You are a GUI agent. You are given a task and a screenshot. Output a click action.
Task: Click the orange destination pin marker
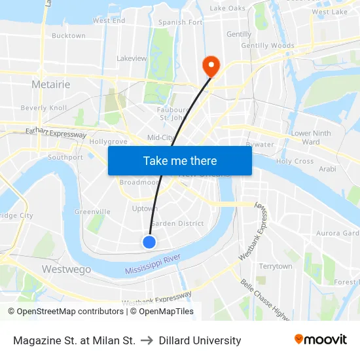(211, 64)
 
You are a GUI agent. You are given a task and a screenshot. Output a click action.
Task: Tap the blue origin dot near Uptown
(149, 242)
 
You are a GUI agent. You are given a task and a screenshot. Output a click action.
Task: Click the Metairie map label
(51, 84)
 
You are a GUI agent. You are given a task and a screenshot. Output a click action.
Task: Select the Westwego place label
(65, 269)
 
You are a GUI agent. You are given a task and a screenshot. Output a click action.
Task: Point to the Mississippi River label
(153, 265)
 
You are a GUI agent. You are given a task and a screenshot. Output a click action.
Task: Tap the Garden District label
(177, 223)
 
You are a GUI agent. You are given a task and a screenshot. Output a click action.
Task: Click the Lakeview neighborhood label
(132, 58)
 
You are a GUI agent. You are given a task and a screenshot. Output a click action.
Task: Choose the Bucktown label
(68, 36)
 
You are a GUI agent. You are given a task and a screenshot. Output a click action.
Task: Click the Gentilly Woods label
(268, 46)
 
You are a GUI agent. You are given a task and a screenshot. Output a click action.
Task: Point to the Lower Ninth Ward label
(311, 137)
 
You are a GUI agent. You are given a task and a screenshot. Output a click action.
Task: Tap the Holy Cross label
(295, 161)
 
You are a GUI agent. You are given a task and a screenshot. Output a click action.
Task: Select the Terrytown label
(276, 266)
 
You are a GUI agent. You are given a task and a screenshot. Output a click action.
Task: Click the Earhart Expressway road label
(56, 133)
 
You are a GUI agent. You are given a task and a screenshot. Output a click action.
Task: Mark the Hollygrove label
(108, 141)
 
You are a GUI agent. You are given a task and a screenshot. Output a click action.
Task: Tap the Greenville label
(92, 212)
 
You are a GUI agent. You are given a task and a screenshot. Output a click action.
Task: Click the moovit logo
(320, 340)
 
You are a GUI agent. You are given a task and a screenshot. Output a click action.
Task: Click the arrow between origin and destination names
(147, 341)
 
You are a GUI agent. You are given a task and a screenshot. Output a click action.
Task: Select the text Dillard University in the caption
(200, 341)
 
